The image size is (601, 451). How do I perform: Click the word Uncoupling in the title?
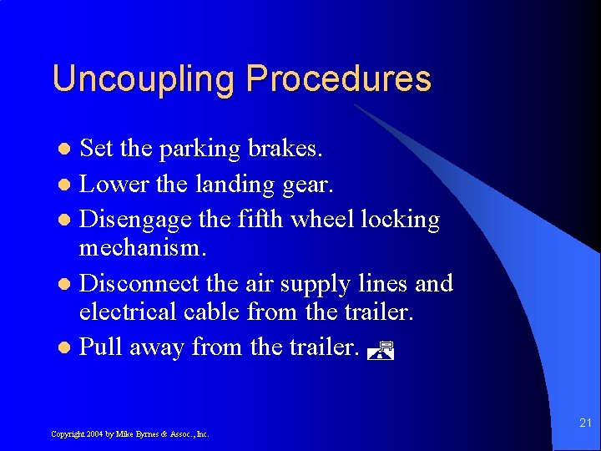[x=144, y=79]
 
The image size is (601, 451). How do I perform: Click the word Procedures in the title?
[x=338, y=79]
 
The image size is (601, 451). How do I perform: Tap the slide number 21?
[x=584, y=424]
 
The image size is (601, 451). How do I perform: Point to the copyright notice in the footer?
[x=129, y=434]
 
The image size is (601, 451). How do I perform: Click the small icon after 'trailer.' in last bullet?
[x=380, y=352]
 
